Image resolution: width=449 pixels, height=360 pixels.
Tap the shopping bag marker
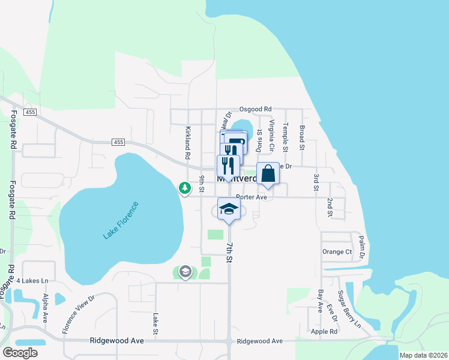click(x=268, y=173)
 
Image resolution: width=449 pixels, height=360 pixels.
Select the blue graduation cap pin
click(x=228, y=209)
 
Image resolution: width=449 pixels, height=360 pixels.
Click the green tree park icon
click(x=185, y=188)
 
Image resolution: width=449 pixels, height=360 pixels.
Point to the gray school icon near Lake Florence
click(x=185, y=272)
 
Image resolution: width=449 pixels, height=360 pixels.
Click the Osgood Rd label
click(x=255, y=109)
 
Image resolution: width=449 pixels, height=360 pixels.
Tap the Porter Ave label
click(x=251, y=197)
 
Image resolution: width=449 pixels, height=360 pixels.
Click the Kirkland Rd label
click(x=187, y=143)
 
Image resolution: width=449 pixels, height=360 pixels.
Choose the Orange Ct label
click(x=337, y=252)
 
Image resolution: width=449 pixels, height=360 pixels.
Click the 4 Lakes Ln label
click(x=32, y=280)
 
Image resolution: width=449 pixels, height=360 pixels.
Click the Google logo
click(x=20, y=353)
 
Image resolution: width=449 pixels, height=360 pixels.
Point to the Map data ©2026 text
click(x=423, y=355)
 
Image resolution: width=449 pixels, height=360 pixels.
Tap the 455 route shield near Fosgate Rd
click(x=29, y=112)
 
